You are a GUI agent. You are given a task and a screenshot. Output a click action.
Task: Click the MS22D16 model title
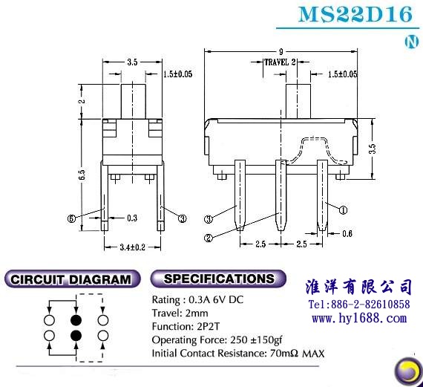point(355,14)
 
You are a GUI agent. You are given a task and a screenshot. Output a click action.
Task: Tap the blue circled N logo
point(412,42)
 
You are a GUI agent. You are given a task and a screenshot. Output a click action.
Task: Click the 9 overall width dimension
point(281,51)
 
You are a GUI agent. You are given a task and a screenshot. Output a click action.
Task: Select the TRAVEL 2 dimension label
point(280,62)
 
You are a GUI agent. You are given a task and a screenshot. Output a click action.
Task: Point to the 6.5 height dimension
point(82,175)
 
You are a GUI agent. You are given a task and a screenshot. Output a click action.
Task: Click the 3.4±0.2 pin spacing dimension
point(132,247)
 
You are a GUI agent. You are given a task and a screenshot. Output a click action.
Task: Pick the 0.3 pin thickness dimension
point(132,218)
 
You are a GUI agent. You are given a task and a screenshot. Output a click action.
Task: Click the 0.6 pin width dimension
point(347,233)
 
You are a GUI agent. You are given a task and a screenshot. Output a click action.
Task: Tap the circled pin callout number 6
point(71,218)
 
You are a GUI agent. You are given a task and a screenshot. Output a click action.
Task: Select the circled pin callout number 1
point(343,209)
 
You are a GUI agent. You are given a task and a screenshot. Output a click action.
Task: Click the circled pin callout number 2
point(209,238)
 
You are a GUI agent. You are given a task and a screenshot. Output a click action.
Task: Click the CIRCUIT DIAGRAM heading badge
point(72,279)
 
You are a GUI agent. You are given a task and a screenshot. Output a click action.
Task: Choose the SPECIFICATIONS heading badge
point(218,279)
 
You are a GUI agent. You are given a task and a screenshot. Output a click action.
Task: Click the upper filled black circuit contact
point(76,320)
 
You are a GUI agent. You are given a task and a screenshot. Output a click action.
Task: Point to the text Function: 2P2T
point(186,327)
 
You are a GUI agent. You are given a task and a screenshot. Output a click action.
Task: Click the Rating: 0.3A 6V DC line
point(197,299)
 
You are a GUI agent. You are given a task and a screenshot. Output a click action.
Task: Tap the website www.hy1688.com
point(359,319)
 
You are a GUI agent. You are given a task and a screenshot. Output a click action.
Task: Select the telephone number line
point(359,305)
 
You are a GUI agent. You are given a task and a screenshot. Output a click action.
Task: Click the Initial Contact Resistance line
point(238,354)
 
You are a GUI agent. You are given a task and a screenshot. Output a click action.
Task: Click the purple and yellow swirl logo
point(408,371)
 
